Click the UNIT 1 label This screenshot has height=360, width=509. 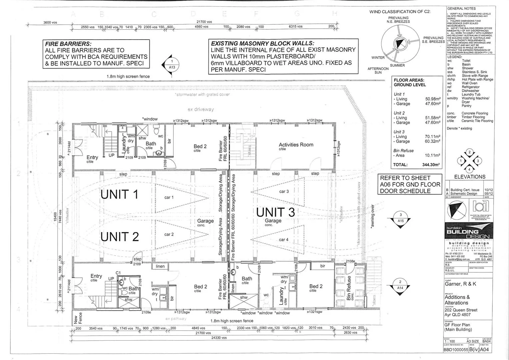pos(119,194)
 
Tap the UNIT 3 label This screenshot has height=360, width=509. pos(275,212)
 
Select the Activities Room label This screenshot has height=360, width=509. pos(296,145)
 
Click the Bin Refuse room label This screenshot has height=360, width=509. pos(349,288)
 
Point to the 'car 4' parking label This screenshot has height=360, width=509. pos(284,240)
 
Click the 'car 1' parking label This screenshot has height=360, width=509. pos(169,197)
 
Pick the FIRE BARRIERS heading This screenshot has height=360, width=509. pos(68,44)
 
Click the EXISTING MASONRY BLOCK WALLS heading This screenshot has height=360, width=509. pos(262,43)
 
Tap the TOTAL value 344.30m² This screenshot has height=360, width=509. pos(431,165)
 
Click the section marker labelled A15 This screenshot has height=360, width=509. pos(401,218)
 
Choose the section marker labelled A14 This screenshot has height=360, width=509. pos(401,285)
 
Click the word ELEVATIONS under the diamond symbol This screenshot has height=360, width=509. pos(470,177)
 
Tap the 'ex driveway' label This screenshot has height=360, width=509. pos(200,109)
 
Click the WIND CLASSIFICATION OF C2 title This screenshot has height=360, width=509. pos(400,12)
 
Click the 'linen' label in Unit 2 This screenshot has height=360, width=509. pos(160,266)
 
